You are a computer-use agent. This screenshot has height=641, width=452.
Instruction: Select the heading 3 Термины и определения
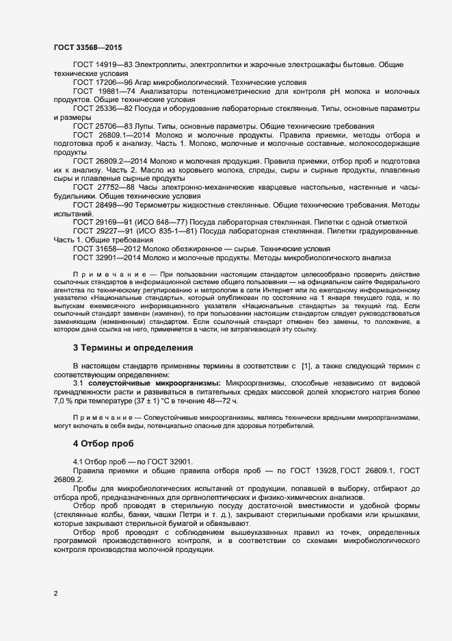(x=133, y=348)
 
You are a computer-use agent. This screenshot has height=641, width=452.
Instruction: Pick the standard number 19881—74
(x=120, y=90)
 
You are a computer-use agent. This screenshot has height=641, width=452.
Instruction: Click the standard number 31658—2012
(x=120, y=249)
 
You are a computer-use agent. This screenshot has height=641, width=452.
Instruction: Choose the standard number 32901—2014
(x=120, y=258)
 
